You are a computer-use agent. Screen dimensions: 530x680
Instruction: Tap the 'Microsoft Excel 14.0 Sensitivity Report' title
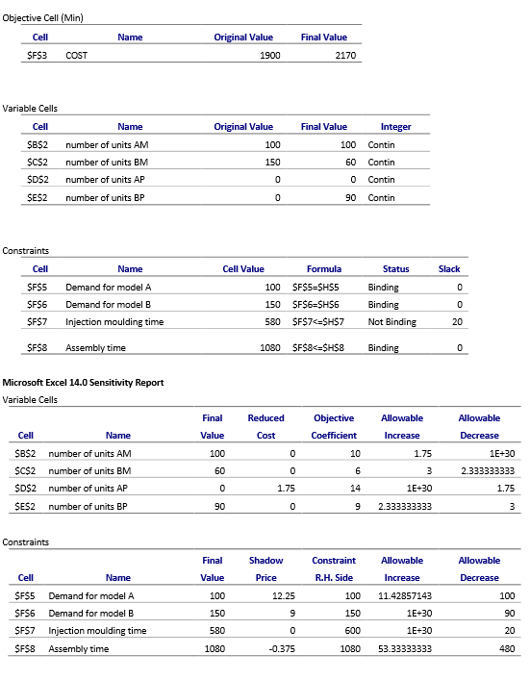click(x=84, y=382)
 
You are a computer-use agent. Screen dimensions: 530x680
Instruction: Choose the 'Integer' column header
click(x=395, y=126)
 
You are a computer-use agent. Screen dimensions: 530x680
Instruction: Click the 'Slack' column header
click(x=449, y=269)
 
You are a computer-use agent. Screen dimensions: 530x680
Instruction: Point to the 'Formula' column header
click(x=324, y=269)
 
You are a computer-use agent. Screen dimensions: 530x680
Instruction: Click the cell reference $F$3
click(x=39, y=56)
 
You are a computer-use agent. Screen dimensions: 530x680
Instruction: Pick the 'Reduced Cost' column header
click(x=265, y=426)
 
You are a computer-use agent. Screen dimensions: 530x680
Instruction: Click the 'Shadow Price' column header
click(x=266, y=568)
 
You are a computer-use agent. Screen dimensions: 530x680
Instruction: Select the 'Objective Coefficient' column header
click(x=335, y=426)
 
